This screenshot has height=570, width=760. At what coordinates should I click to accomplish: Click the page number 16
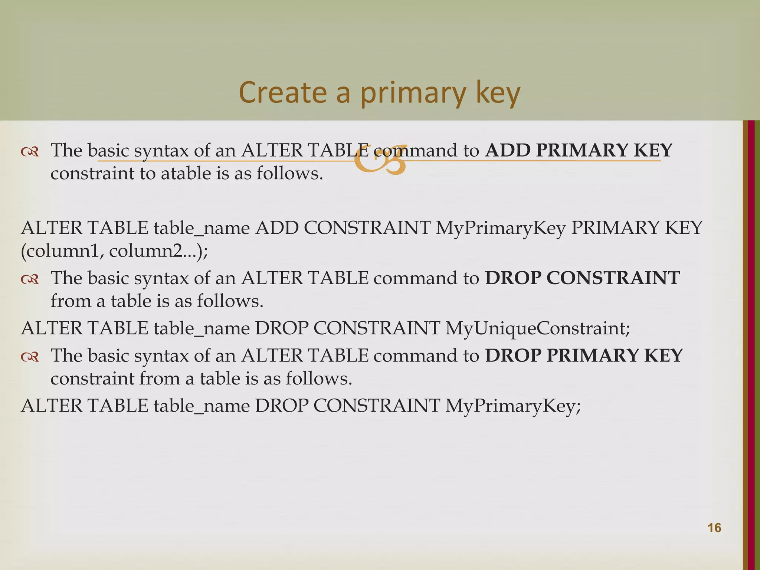tap(714, 528)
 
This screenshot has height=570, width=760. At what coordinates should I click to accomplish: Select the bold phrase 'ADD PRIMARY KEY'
tap(579, 150)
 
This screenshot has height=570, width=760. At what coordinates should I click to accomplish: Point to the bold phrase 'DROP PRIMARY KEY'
tap(584, 356)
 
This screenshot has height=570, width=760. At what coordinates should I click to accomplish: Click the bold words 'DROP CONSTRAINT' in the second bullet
tap(582, 278)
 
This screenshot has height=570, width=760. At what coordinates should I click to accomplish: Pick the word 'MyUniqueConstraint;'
tap(537, 328)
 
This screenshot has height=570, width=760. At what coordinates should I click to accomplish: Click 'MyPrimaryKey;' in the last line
tap(512, 406)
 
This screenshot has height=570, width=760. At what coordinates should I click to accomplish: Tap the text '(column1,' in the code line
tap(62, 251)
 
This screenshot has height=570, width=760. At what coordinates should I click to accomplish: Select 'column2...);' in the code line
tap(158, 251)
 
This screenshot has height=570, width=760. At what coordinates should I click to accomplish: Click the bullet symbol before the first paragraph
tap(30, 151)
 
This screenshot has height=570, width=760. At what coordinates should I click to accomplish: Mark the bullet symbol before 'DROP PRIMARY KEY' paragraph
tap(30, 357)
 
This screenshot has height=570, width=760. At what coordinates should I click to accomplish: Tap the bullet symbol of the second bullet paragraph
tap(30, 279)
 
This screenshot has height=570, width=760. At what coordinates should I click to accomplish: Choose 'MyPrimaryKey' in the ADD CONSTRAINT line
tap(500, 228)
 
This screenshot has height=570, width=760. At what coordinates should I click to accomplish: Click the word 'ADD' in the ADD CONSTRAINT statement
tap(277, 228)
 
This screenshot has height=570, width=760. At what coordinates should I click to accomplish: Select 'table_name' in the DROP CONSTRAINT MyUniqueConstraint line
tap(202, 328)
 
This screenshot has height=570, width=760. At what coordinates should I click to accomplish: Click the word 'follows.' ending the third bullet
tap(318, 379)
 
